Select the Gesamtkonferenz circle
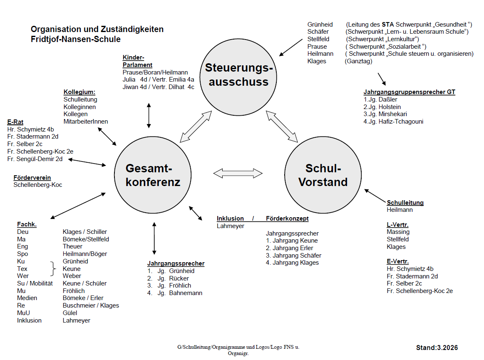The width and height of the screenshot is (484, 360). pos(153,175)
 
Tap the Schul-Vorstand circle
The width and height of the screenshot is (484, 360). pos(323,175)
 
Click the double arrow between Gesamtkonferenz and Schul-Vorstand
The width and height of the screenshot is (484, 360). pos(238,172)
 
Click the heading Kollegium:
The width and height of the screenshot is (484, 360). pos(79,92)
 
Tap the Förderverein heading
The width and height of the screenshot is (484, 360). pos(32,178)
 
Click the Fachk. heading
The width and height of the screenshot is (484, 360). pos(27,224)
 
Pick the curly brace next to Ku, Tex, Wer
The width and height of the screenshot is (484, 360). pos(53,269)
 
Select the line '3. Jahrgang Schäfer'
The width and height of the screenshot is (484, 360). pos(293,256)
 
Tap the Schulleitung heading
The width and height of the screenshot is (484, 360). pos(405,203)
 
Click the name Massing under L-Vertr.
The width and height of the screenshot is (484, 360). pos(398,232)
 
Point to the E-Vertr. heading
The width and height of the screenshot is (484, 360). pos(397,261)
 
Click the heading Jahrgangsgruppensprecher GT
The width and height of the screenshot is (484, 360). pos(409,92)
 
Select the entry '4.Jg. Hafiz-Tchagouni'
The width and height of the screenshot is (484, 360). pos(393,122)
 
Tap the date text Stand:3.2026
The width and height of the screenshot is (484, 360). pos(437,348)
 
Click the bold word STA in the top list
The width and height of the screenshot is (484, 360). pos(388,25)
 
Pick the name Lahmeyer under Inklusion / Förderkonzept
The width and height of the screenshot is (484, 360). pos(230,226)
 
